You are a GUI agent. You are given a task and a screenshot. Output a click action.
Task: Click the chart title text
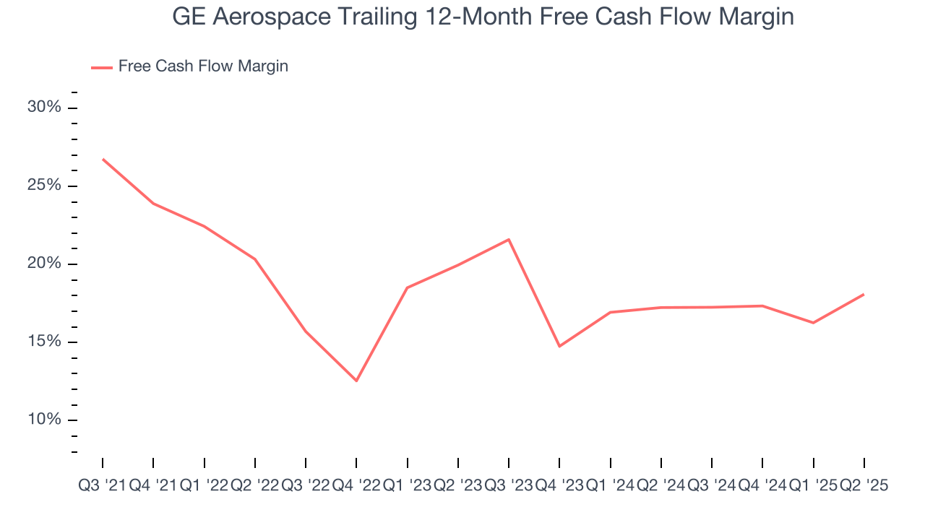pyautogui.click(x=483, y=17)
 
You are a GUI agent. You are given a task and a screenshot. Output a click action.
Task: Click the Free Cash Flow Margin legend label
pyautogui.click(x=203, y=66)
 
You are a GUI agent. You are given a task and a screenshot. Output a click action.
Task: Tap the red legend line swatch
pyautogui.click(x=101, y=67)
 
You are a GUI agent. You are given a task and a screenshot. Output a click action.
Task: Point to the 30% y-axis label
pyautogui.click(x=44, y=108)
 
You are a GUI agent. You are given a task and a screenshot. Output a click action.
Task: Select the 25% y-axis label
pyautogui.click(x=44, y=186)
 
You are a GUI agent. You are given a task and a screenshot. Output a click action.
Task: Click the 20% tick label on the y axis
pyautogui.click(x=44, y=264)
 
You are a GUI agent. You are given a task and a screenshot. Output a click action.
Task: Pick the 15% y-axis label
pyautogui.click(x=44, y=342)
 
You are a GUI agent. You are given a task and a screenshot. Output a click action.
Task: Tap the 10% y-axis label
pyautogui.click(x=44, y=420)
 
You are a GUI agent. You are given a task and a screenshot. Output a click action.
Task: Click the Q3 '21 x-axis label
pyautogui.click(x=102, y=486)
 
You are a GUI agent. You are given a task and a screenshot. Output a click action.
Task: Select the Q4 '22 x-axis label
pyautogui.click(x=356, y=486)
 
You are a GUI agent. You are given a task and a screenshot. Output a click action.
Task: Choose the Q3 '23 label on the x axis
pyautogui.click(x=509, y=486)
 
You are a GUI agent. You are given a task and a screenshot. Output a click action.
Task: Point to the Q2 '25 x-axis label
pyautogui.click(x=863, y=486)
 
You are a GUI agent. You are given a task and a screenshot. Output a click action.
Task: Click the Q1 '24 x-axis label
pyautogui.click(x=611, y=486)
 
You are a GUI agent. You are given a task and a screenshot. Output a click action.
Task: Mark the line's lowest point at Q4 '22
pyautogui.click(x=356, y=381)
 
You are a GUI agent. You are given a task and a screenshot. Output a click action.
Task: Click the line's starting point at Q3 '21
pyautogui.click(x=103, y=159)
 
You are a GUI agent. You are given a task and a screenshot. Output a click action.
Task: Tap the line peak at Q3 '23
pyautogui.click(x=509, y=239)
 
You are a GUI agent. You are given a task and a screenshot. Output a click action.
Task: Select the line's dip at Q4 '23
pyautogui.click(x=559, y=346)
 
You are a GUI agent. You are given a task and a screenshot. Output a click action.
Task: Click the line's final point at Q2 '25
pyautogui.click(x=864, y=294)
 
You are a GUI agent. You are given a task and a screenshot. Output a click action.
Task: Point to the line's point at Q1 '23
pyautogui.click(x=408, y=287)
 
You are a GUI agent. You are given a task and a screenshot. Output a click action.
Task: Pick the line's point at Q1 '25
pyautogui.click(x=813, y=323)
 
